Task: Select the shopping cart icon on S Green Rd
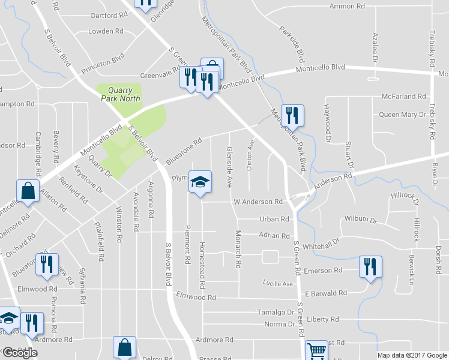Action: pos(316,350)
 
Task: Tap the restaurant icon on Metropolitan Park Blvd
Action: pos(292,114)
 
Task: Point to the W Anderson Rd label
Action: pos(258,202)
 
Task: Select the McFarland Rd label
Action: pos(403,97)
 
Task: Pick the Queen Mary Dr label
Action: pos(402,114)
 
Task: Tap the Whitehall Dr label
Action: pos(321,243)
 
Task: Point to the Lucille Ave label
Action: pos(278,283)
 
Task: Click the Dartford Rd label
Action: pos(110,16)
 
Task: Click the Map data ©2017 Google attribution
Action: pos(412,355)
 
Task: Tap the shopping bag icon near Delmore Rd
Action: pos(27,191)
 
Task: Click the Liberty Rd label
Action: pos(323,320)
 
